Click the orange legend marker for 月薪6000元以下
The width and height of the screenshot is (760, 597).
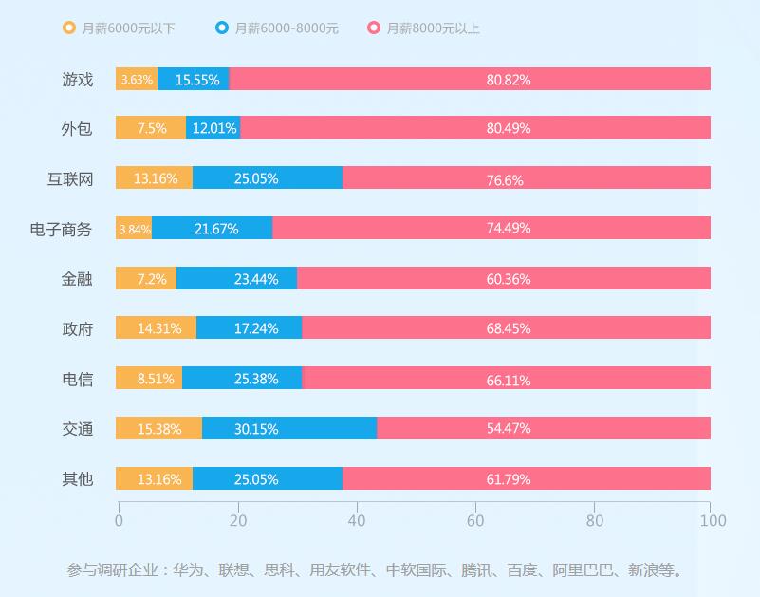[69, 28]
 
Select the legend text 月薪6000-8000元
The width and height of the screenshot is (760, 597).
[286, 28]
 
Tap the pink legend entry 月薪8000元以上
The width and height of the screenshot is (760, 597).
[433, 28]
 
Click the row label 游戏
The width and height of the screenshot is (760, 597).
[78, 80]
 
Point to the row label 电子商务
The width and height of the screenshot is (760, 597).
[61, 229]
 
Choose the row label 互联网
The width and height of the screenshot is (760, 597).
[70, 179]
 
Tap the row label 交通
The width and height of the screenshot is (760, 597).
[78, 429]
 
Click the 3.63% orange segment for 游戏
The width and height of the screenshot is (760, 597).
[137, 80]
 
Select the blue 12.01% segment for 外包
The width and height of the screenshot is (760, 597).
[213, 128]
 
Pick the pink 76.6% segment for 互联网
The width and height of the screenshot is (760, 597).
[527, 178]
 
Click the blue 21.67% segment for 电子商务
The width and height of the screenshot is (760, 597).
[213, 229]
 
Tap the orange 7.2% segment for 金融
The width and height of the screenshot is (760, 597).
[146, 279]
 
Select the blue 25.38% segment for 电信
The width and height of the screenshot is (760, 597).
[242, 379]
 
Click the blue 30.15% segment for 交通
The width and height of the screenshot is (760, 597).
[289, 429]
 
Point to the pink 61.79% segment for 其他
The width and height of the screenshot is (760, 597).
[527, 479]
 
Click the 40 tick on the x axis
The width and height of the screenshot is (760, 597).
[357, 520]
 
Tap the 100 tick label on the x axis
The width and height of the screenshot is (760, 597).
[713, 520]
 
